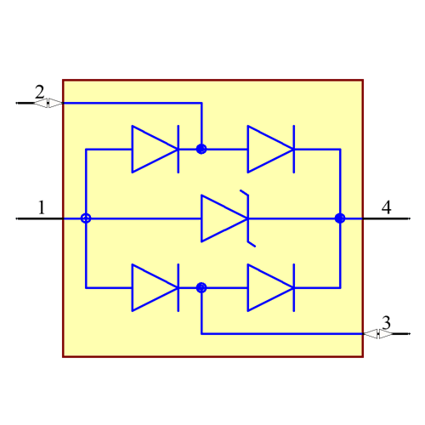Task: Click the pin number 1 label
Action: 41,207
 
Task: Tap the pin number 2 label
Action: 39,92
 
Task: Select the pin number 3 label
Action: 386,323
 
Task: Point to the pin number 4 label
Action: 386,207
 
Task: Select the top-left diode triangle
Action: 153,149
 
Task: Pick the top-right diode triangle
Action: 269,149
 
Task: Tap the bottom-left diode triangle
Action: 153,287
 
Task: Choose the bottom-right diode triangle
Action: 269,287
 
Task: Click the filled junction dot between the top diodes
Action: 201,149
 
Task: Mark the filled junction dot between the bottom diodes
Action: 201,287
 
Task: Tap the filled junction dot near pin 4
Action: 340,218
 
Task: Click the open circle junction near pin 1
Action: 86,218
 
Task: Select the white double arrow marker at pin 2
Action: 48,103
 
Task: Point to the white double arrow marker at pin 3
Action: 378,334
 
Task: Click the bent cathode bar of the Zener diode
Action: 248,218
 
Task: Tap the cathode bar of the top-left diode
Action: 178,149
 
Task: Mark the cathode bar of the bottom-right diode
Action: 294,287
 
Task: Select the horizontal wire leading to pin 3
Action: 280,334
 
